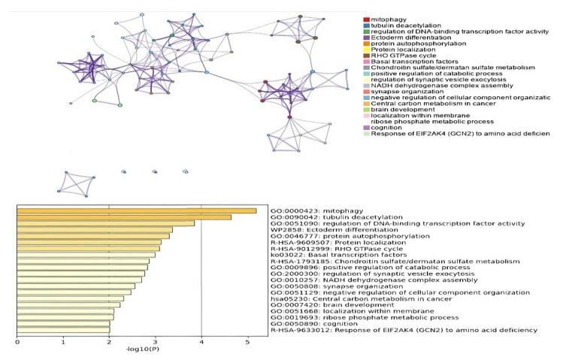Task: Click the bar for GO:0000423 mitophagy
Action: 136,211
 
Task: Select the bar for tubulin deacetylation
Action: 124,217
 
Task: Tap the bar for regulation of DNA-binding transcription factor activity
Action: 105,223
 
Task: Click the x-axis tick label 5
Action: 248,343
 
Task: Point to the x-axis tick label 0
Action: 17,343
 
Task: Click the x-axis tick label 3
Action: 156,343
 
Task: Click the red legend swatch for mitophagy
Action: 366,19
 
